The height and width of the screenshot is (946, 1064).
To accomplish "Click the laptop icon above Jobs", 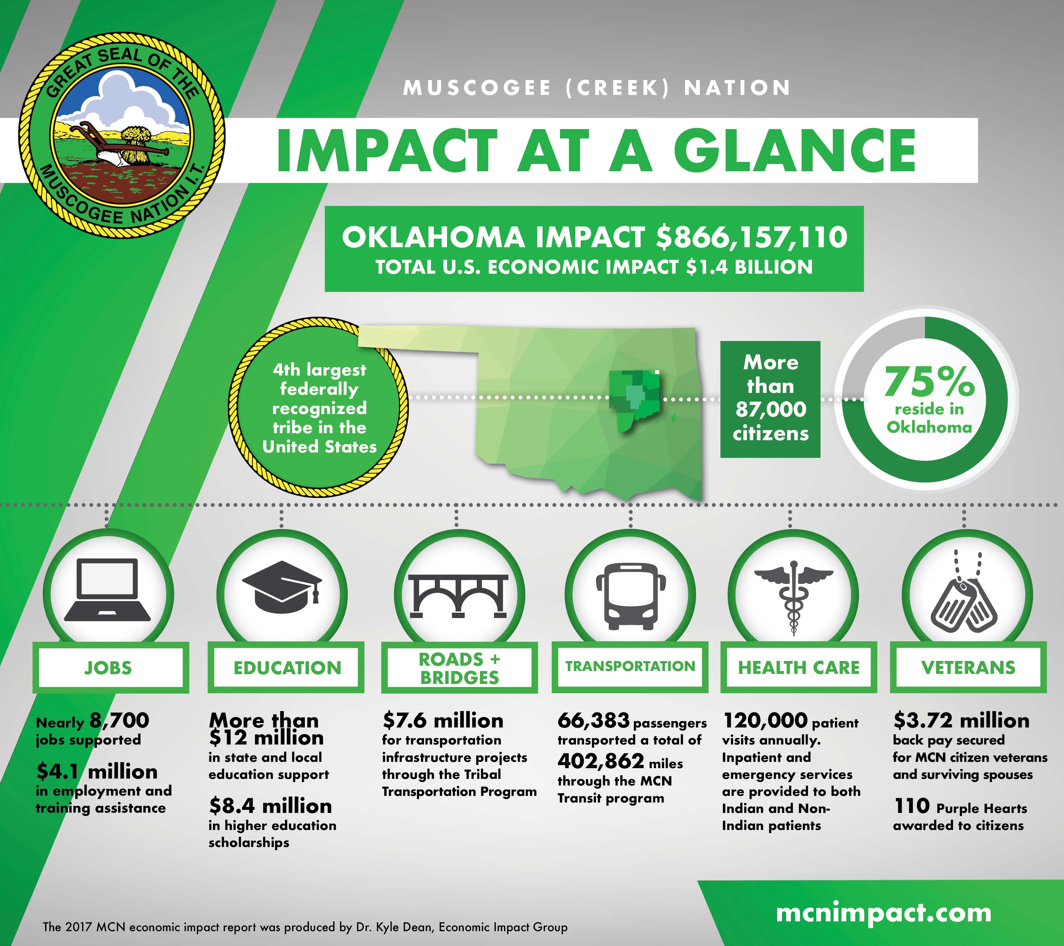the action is pyautogui.click(x=107, y=590).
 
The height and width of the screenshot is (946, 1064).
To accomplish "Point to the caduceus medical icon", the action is pyautogui.click(x=793, y=598).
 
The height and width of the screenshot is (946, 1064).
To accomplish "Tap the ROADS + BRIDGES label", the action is pyautogui.click(x=459, y=668).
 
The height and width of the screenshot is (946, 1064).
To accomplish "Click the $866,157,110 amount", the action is pyautogui.click(x=751, y=237).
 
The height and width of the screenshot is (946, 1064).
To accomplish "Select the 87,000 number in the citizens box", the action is pyautogui.click(x=770, y=409).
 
